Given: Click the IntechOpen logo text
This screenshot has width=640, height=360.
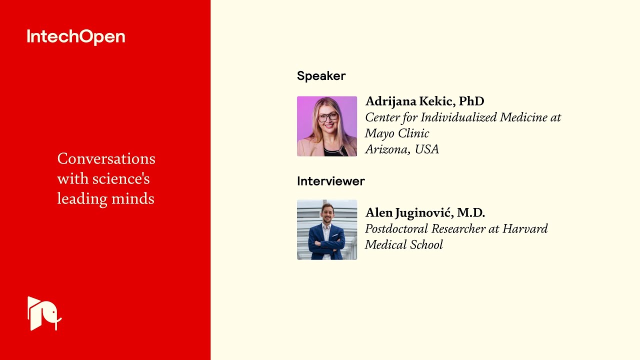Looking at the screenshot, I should [76, 37].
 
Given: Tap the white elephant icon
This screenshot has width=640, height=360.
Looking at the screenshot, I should [44, 313].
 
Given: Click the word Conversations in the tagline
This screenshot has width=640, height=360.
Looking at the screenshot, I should [106, 159].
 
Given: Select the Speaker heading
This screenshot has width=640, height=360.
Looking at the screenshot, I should [321, 76].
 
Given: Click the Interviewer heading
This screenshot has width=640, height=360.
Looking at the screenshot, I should [330, 181].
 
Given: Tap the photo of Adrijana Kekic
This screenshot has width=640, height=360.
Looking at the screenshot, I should [327, 126].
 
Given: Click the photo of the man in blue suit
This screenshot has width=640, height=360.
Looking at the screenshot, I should [327, 230].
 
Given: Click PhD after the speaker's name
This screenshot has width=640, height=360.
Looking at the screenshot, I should [471, 101].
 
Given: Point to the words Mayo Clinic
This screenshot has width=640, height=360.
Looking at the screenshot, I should [397, 133].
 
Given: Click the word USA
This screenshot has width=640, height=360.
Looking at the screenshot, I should [426, 149].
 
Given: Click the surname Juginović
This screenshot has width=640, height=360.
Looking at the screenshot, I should [424, 213].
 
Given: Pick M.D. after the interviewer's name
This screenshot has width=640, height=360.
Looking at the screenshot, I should [471, 213].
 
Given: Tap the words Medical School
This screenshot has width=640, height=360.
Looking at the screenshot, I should [403, 245].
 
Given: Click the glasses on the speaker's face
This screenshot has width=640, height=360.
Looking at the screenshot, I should [327, 117].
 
